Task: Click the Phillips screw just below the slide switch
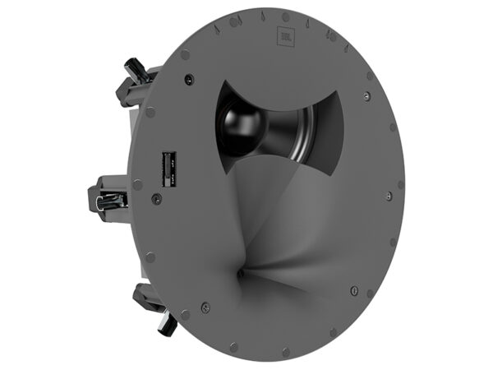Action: (x=154, y=197)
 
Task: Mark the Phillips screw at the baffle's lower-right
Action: (x=352, y=289)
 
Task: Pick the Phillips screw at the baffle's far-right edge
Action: (x=387, y=197)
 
